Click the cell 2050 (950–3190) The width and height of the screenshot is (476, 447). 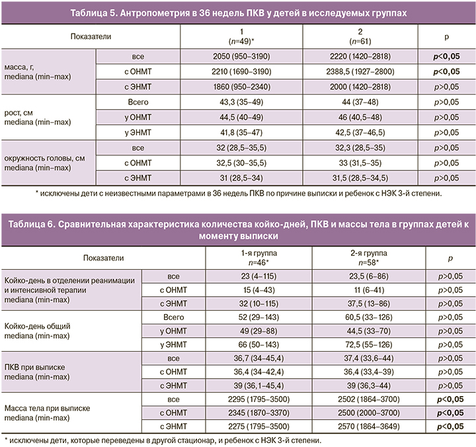pyautogui.click(x=243, y=57)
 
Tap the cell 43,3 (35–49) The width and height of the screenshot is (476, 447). pyautogui.click(x=243, y=102)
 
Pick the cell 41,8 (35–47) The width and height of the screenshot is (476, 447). pyautogui.click(x=243, y=132)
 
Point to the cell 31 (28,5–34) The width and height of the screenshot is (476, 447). pyautogui.click(x=243, y=178)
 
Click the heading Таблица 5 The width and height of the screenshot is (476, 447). pyautogui.click(x=237, y=13)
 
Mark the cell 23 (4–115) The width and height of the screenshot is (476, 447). pyautogui.click(x=243, y=275)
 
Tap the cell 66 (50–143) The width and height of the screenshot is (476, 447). pyautogui.click(x=243, y=351)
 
